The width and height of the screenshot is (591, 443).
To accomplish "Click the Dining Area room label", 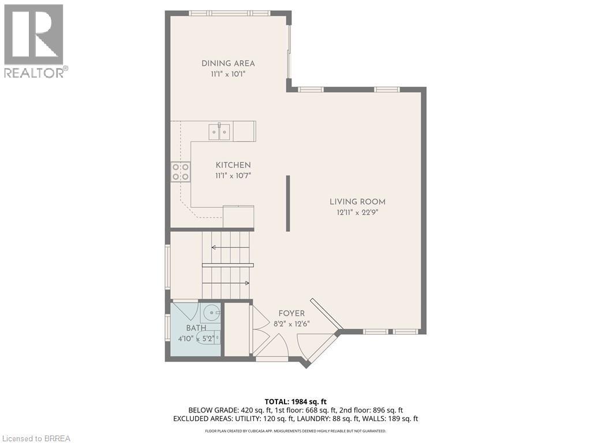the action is pos(228,63).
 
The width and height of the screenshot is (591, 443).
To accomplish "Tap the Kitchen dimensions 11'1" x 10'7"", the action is pos(233,175).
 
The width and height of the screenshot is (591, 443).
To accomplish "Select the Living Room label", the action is pos(357,202).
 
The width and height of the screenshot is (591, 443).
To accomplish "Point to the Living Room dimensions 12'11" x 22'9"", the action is pos(357,212).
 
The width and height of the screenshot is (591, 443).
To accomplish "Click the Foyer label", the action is pos(291,313).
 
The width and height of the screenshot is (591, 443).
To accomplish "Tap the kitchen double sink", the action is pos(219,131).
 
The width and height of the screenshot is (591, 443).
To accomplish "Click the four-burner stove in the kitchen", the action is pos(181,172).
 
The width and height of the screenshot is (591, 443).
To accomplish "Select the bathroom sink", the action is pos(210,312).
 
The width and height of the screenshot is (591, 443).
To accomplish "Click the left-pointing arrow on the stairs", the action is pos(230,247).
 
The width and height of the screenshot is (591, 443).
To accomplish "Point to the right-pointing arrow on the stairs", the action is pos(226,283).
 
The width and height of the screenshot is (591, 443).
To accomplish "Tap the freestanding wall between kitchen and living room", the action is pos(288,204).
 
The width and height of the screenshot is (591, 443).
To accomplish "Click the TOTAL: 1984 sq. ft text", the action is pos(293,401).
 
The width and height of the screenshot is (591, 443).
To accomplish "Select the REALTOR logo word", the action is pos(36,72).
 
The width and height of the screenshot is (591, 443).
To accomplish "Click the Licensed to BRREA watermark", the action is pos(35,438).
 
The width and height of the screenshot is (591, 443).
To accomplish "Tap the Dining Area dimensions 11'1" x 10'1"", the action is pos(228,74).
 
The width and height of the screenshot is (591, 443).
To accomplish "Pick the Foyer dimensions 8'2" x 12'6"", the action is pos(291,324).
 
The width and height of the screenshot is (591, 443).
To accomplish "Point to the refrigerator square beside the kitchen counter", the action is pos(238,217).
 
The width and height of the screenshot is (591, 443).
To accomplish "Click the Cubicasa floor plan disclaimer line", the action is pos(295,431).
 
